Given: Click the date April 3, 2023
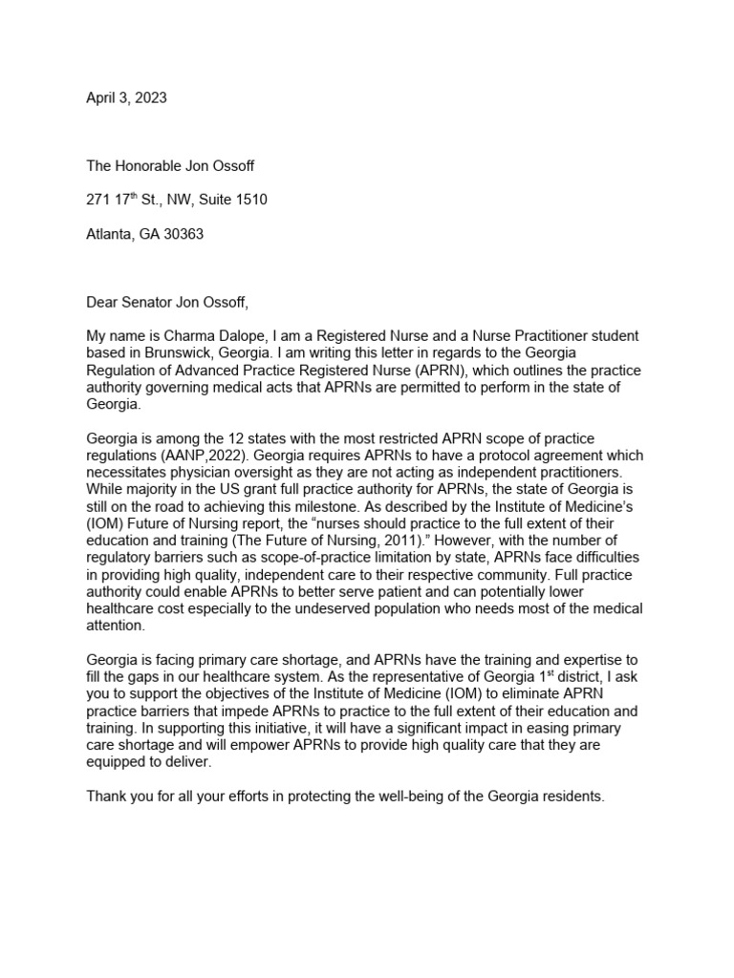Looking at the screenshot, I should pos(126,97).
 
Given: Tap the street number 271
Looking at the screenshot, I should pos(99,200).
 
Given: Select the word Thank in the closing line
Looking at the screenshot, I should pos(106,797).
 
